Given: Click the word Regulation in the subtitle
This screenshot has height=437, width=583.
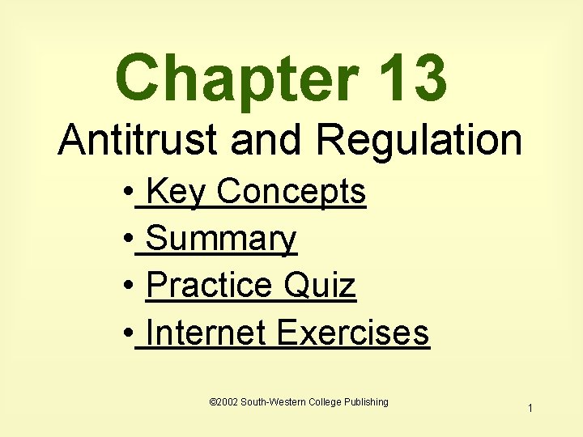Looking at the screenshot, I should [x=419, y=141].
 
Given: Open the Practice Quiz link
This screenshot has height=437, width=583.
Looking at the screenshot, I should [x=251, y=286].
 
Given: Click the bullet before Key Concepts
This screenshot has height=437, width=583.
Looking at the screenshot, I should [x=129, y=195].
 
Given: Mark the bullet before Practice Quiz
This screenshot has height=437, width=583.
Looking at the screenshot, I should [x=129, y=288].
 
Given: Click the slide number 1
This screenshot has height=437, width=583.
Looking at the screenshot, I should [x=530, y=409].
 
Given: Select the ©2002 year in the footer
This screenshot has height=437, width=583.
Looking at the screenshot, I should [x=222, y=402].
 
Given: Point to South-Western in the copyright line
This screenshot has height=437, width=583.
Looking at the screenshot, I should [x=270, y=402].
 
